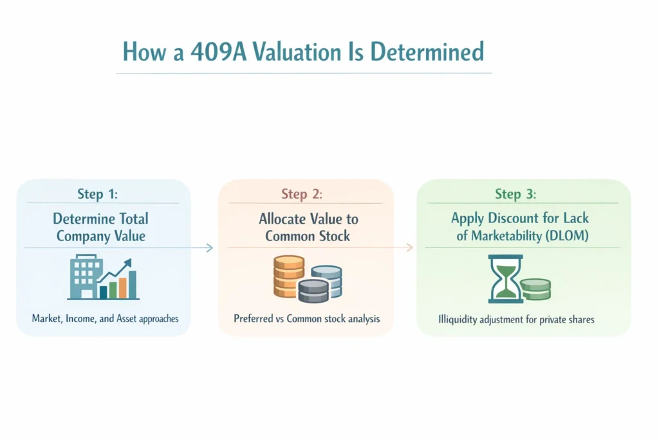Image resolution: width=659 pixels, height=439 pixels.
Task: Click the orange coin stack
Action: (x=288, y=276)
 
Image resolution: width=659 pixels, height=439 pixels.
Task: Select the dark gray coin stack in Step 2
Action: (x=313, y=291)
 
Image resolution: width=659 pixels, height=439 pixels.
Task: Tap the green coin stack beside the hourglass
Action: (x=535, y=289)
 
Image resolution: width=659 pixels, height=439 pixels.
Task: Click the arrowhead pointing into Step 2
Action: (x=210, y=247)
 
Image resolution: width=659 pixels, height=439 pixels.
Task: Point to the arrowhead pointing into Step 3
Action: (x=410, y=247)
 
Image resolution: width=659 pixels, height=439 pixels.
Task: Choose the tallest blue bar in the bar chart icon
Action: (x=133, y=285)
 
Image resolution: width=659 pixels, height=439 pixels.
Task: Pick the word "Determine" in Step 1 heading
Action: (x=84, y=219)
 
